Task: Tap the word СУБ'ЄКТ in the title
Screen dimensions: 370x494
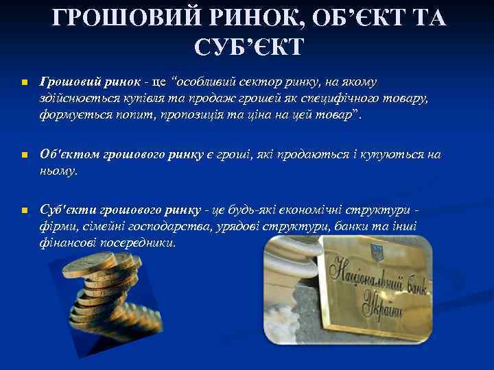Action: (x=248, y=47)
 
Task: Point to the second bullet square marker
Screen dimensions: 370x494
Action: (x=22, y=156)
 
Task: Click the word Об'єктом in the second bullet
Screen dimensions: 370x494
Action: (x=69, y=155)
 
